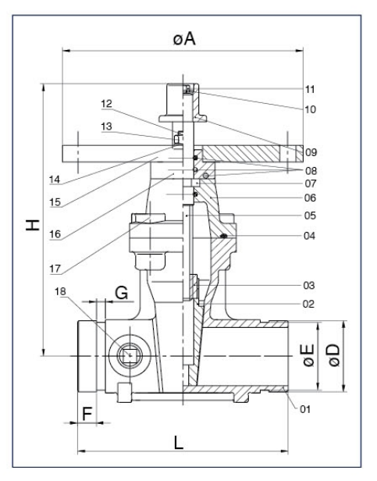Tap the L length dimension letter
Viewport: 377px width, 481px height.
click(x=179, y=443)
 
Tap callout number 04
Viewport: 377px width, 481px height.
click(x=310, y=235)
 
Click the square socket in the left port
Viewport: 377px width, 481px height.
click(x=128, y=357)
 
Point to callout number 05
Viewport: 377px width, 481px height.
click(x=310, y=215)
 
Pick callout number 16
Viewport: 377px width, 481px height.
click(x=55, y=233)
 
